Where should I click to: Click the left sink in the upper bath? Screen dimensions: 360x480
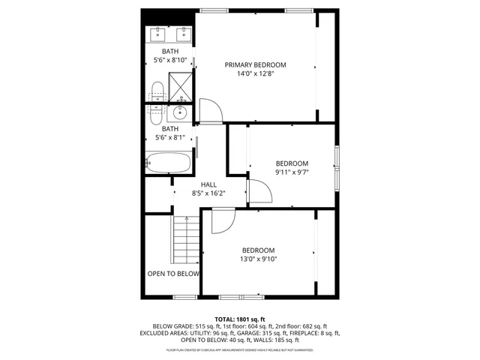158,34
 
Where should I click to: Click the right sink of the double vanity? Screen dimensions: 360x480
183,34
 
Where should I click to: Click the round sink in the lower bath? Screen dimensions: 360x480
180,113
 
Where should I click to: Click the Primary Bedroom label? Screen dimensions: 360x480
255,64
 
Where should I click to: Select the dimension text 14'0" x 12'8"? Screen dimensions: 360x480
255,74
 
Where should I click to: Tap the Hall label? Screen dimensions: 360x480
208,184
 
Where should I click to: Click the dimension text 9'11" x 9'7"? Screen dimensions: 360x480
292,172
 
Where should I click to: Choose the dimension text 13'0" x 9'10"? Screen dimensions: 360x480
258,259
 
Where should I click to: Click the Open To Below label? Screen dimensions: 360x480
173,274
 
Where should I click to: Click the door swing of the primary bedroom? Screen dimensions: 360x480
210,111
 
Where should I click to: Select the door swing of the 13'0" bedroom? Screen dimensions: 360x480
223,221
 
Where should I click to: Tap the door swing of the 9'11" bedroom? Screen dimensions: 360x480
258,192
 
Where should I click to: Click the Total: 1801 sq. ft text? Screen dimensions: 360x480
240,319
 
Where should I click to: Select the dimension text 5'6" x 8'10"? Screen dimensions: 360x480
170,60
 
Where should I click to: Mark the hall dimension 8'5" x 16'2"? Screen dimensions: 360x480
208,193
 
